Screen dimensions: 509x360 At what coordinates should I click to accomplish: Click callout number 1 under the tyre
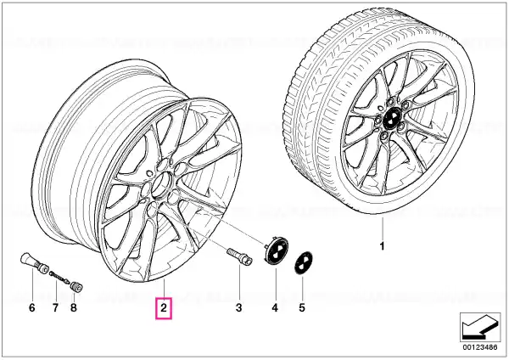pyautogui.click(x=382, y=246)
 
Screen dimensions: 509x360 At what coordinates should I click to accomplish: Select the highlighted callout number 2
pyautogui.click(x=163, y=307)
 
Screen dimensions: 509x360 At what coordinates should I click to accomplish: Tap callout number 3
pyautogui.click(x=239, y=307)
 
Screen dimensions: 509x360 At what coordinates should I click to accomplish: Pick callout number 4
pyautogui.click(x=275, y=307)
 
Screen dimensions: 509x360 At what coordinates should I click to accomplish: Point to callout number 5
pyautogui.click(x=302, y=307)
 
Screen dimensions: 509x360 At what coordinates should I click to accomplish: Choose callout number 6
pyautogui.click(x=31, y=307)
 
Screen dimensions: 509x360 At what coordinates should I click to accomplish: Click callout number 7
pyautogui.click(x=55, y=307)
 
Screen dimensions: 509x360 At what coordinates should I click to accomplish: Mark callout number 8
pyautogui.click(x=74, y=307)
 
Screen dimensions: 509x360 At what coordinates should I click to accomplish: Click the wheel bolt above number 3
pyautogui.click(x=238, y=256)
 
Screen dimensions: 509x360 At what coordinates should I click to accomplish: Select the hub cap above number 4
pyautogui.click(x=277, y=250)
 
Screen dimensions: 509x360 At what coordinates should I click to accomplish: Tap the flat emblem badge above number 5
pyautogui.click(x=303, y=263)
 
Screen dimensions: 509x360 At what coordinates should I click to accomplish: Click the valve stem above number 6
pyautogui.click(x=34, y=262)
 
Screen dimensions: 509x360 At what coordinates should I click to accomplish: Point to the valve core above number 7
pyautogui.click(x=59, y=277)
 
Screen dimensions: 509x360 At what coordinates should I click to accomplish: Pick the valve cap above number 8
pyautogui.click(x=76, y=287)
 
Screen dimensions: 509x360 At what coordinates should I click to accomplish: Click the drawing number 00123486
pyautogui.click(x=480, y=347)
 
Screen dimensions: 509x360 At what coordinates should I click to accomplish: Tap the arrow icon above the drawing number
pyautogui.click(x=478, y=327)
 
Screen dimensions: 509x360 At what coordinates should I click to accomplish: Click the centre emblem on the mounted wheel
pyautogui.click(x=391, y=119)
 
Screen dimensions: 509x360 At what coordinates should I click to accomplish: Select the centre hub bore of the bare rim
pyautogui.click(x=161, y=184)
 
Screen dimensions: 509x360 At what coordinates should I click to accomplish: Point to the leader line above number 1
pyautogui.click(x=383, y=228)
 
